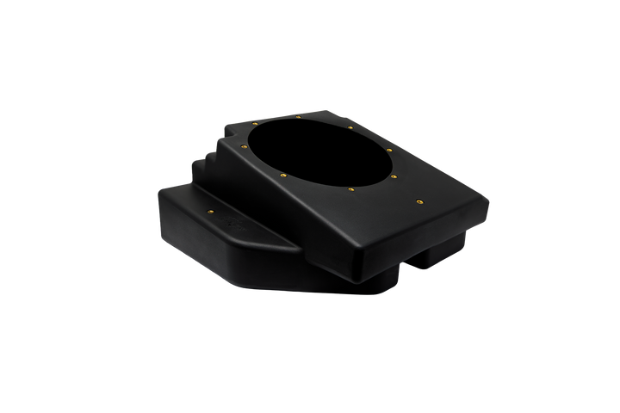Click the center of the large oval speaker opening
coord(319,152)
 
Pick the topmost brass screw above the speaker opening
coord(299,114)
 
